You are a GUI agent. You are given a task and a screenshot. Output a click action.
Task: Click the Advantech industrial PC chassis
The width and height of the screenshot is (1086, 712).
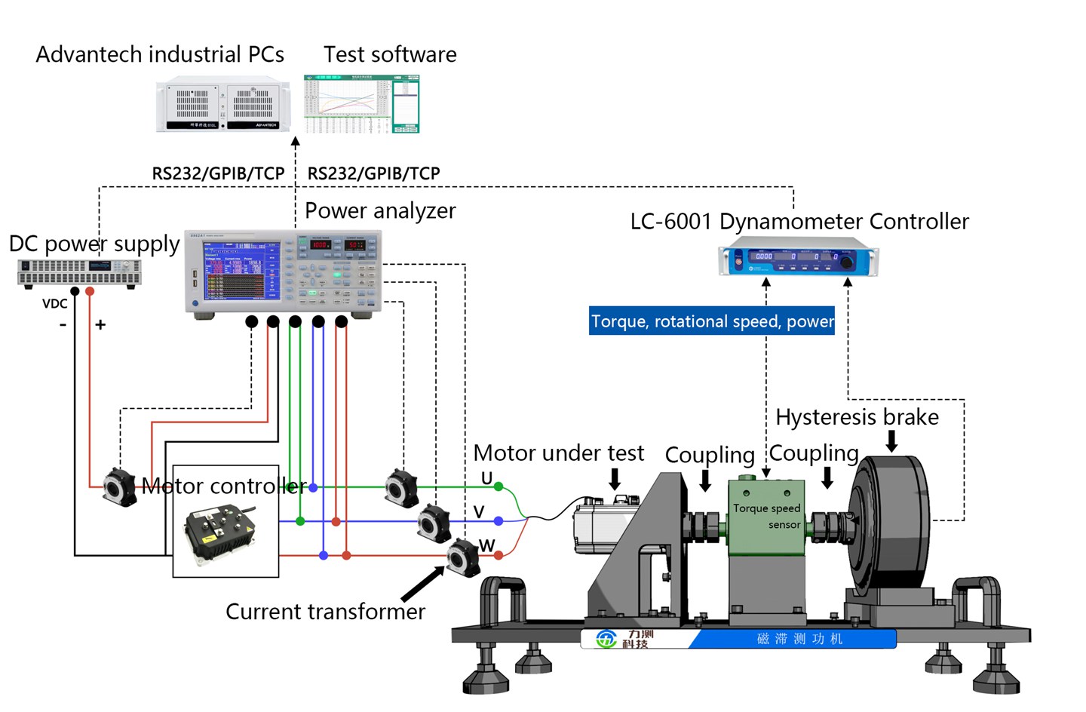click(x=222, y=106)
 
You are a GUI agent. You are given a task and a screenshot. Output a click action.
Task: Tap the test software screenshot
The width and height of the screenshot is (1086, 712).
click(x=361, y=104)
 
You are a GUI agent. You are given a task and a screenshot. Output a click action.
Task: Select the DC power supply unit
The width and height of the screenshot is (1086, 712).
click(x=79, y=272)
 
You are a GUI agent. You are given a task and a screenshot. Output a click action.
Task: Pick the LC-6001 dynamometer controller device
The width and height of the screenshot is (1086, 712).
click(x=798, y=256)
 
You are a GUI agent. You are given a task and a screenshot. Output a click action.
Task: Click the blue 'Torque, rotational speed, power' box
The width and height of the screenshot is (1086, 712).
click(x=711, y=321)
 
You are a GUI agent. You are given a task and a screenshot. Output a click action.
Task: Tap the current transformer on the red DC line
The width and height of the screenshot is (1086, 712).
click(x=119, y=486)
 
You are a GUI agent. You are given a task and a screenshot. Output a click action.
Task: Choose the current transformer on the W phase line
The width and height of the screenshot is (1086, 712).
click(x=462, y=557)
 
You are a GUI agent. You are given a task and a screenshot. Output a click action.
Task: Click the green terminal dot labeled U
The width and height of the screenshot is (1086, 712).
click(x=498, y=487)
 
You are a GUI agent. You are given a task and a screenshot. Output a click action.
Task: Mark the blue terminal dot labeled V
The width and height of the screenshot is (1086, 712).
click(x=498, y=521)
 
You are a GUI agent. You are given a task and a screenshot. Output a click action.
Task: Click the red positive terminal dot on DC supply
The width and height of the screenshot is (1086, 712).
click(x=90, y=291)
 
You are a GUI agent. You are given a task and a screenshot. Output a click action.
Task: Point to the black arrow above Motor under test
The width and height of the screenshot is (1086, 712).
click(x=615, y=478)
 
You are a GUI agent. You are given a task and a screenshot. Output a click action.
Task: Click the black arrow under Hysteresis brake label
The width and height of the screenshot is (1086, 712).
click(x=891, y=440)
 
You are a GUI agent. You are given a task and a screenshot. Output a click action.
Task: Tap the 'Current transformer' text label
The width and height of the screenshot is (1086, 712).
click(x=325, y=612)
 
